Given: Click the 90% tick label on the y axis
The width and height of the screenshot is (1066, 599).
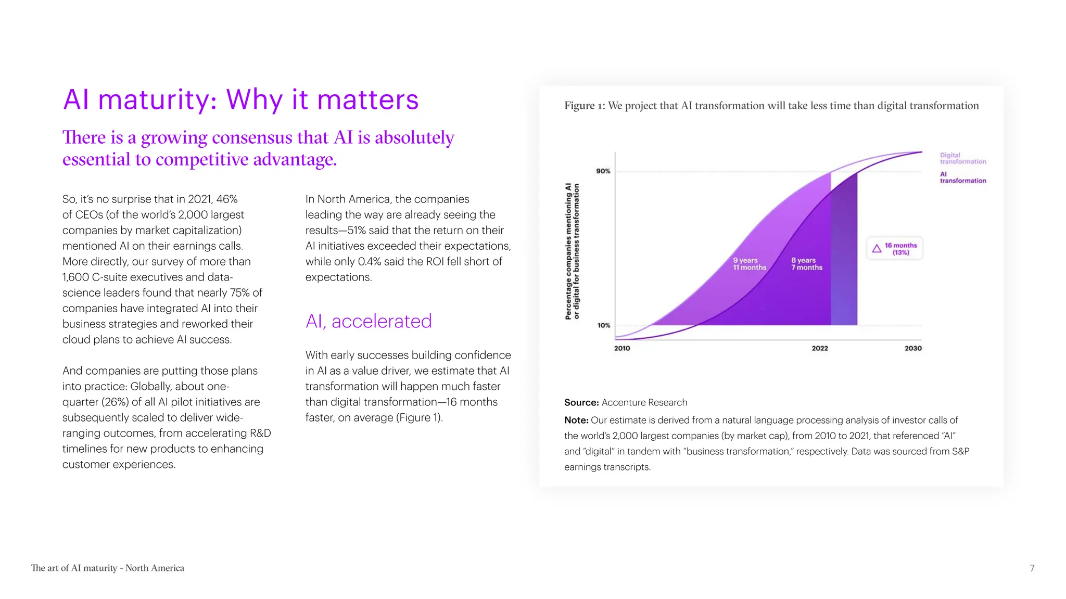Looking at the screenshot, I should (x=603, y=171).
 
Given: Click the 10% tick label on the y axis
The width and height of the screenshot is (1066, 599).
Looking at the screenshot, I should (x=603, y=325).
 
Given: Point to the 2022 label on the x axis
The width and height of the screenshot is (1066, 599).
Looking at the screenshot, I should (x=819, y=348).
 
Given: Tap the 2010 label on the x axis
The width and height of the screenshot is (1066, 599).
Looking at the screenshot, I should (x=621, y=348).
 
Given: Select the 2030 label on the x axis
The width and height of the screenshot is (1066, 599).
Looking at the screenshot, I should (x=912, y=348).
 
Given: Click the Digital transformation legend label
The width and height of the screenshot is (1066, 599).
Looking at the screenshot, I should (x=962, y=158).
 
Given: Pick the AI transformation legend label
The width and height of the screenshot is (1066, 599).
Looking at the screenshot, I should (x=962, y=177).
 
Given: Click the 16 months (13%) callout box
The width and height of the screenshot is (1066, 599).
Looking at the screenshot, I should (x=894, y=249).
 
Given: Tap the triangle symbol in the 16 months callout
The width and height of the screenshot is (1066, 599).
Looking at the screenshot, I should (x=877, y=249).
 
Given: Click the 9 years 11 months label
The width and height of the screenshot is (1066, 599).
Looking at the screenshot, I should (x=749, y=264).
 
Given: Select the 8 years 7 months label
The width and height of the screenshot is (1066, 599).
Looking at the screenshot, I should (x=806, y=264).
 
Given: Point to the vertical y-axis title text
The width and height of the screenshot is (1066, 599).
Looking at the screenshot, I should (x=572, y=251).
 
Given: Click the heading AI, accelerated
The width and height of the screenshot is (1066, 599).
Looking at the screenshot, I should (x=368, y=321).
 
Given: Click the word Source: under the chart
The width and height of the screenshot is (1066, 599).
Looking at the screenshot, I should (x=581, y=402).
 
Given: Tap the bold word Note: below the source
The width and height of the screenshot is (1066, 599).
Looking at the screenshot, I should (x=576, y=420).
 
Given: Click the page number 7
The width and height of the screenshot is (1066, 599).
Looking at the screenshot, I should (x=1032, y=568).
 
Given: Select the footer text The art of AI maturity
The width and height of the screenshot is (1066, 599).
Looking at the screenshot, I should (x=107, y=568).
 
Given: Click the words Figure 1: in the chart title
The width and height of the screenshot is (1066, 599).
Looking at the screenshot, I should (x=584, y=106).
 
